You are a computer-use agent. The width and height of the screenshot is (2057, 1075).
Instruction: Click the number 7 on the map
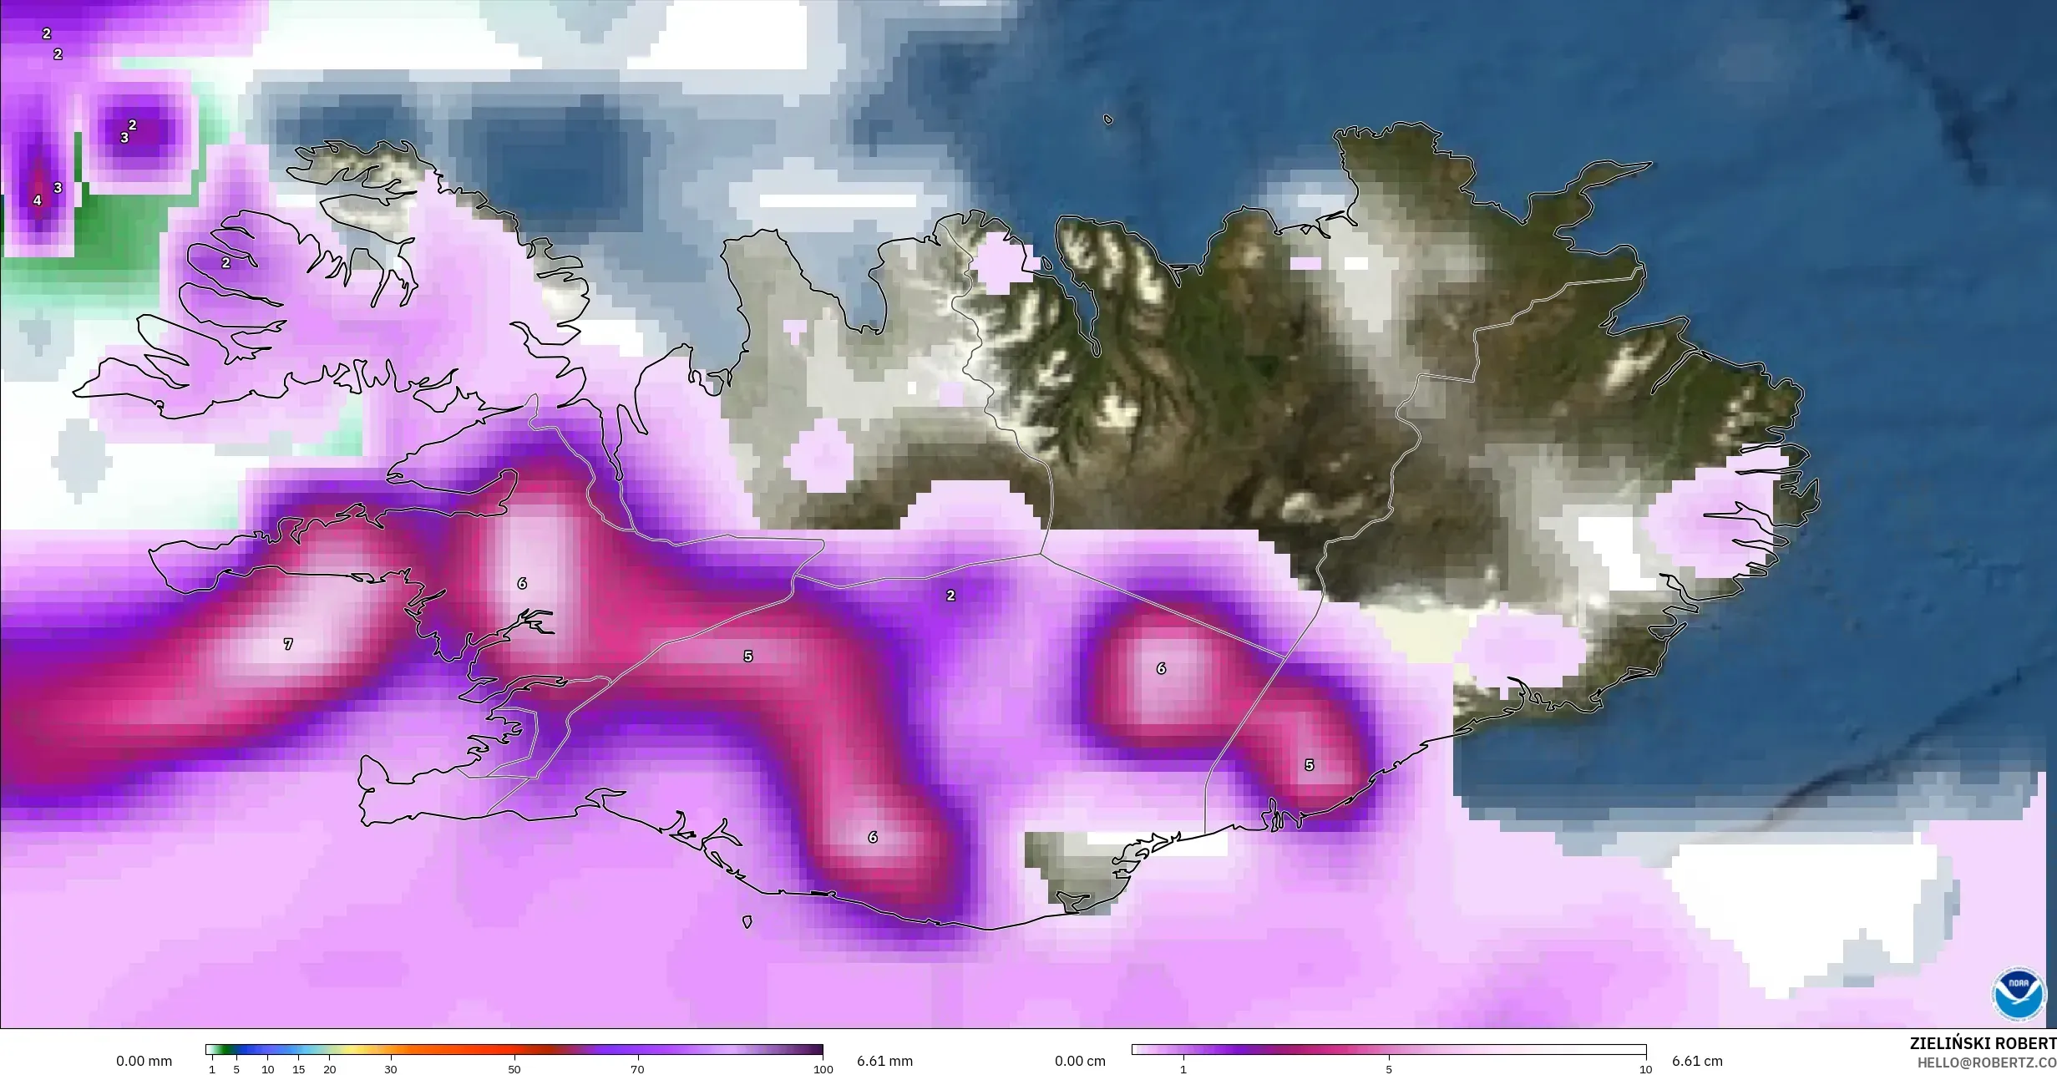(x=288, y=644)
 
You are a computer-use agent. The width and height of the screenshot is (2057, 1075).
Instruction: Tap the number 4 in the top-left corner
(x=37, y=200)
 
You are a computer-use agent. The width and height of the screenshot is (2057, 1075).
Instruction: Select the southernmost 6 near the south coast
(x=873, y=837)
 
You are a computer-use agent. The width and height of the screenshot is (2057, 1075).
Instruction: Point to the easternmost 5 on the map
(x=1309, y=765)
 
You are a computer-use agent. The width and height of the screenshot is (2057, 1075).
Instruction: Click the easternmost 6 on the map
(x=1161, y=668)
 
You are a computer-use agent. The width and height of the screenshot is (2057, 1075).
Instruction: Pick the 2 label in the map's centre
(x=950, y=596)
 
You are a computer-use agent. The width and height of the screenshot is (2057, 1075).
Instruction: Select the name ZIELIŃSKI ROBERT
(x=1983, y=1044)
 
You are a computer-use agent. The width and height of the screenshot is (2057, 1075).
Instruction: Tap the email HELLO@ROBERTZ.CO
(x=1986, y=1062)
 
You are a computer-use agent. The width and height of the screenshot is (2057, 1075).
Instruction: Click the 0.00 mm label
(x=144, y=1062)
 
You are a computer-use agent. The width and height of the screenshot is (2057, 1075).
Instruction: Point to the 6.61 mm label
(x=884, y=1062)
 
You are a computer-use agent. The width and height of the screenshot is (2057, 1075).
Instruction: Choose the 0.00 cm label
(x=1080, y=1062)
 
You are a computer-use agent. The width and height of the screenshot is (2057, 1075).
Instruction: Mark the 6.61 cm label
(x=1697, y=1062)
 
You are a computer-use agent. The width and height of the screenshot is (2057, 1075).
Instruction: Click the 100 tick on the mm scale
(x=823, y=1069)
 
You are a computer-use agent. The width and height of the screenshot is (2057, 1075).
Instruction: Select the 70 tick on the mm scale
(x=637, y=1069)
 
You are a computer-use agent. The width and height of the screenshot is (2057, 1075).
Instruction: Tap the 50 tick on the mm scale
(x=514, y=1069)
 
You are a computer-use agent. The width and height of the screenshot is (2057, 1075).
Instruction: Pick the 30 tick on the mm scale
(x=391, y=1069)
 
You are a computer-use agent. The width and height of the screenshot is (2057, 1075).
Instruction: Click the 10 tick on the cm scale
(x=1644, y=1069)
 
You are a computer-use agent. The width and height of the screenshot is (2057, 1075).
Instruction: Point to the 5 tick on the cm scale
(x=1389, y=1069)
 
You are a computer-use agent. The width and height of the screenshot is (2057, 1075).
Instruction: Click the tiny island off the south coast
(x=747, y=922)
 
